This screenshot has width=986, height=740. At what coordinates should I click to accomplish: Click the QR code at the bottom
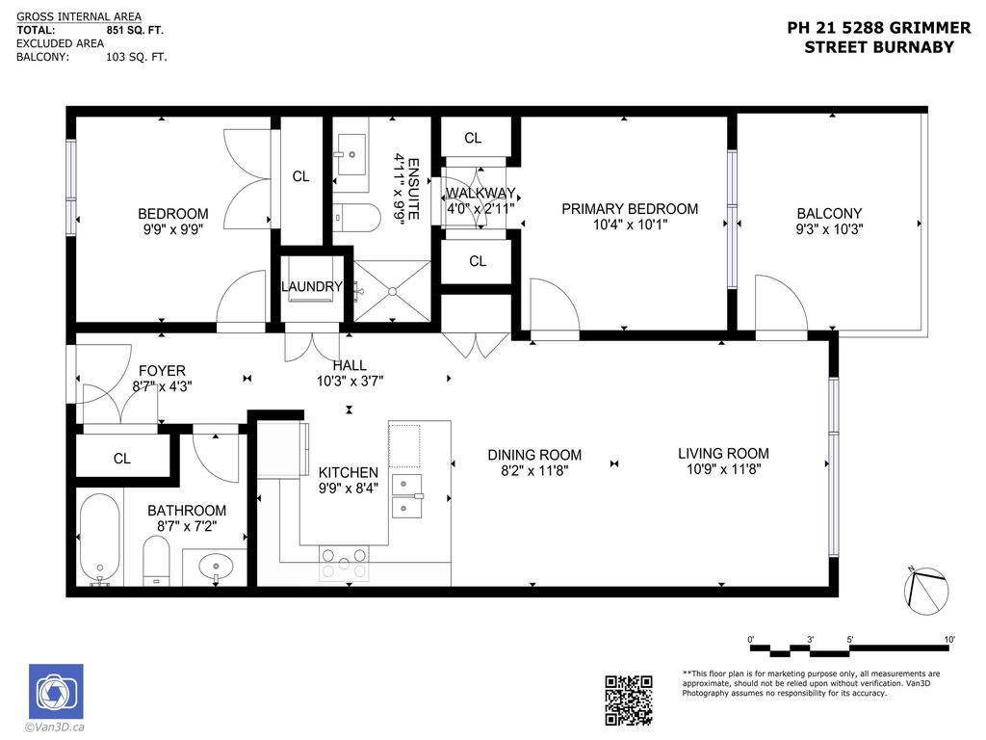tap(629, 700)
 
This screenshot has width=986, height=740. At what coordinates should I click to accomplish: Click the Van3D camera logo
tap(56, 691)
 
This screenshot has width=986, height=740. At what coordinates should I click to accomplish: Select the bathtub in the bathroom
tap(99, 540)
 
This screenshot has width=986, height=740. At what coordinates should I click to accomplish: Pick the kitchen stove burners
tap(344, 563)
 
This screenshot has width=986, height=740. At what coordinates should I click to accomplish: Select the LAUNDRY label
tap(311, 287)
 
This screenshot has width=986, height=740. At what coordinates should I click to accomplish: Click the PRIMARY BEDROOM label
tap(630, 209)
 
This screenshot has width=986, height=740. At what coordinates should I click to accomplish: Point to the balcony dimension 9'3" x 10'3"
tap(829, 230)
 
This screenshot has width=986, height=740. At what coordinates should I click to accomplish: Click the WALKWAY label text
tap(480, 193)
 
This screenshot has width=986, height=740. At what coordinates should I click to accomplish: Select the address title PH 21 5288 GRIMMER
tap(878, 29)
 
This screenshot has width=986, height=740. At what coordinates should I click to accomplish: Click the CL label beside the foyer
tap(121, 459)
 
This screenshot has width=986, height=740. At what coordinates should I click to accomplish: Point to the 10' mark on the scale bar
tap(949, 640)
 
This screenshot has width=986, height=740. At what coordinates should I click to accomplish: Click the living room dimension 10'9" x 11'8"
tap(723, 470)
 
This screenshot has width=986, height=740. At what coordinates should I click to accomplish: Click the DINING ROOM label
tap(534, 455)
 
